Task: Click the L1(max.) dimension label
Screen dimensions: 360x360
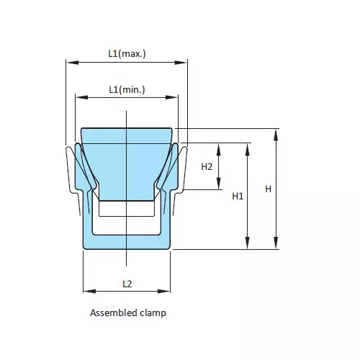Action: tap(127, 53)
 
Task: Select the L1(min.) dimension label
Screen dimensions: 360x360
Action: tap(127, 89)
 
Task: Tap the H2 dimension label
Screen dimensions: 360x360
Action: tap(207, 166)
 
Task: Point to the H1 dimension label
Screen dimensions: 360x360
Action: tap(239, 196)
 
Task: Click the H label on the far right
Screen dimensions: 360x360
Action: tap(268, 189)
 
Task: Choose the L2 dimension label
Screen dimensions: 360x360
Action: tap(127, 284)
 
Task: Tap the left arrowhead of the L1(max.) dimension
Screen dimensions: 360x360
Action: tap(70, 62)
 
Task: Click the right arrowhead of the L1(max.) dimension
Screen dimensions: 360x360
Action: tap(184, 62)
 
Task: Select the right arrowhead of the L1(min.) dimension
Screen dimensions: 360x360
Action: tap(175, 97)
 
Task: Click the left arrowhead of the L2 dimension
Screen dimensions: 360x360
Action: tap(86, 291)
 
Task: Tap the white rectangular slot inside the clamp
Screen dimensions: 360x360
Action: tap(127, 209)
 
